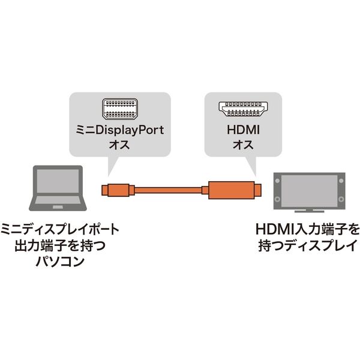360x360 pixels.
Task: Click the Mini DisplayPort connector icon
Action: [120, 109]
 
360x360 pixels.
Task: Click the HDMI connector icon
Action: [243, 109]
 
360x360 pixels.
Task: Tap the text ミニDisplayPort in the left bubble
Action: [120, 130]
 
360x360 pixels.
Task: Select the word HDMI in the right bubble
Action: [243, 130]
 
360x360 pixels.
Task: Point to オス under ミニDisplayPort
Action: [119, 145]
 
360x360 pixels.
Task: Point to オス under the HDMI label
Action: [243, 145]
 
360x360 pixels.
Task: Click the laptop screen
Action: [58, 181]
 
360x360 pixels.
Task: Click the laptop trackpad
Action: [58, 207]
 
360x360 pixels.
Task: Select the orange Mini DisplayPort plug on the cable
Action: [118, 190]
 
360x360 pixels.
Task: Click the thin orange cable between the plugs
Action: [168, 190]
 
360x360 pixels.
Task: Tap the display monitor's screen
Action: [309, 191]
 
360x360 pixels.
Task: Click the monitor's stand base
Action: [309, 211]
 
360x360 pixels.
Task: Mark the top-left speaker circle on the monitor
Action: [277, 181]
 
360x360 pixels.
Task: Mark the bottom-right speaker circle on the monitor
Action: [341, 199]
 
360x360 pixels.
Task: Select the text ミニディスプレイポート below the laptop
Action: [60, 229]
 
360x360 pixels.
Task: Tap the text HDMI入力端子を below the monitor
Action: [307, 229]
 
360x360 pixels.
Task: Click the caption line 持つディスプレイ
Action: [307, 245]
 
